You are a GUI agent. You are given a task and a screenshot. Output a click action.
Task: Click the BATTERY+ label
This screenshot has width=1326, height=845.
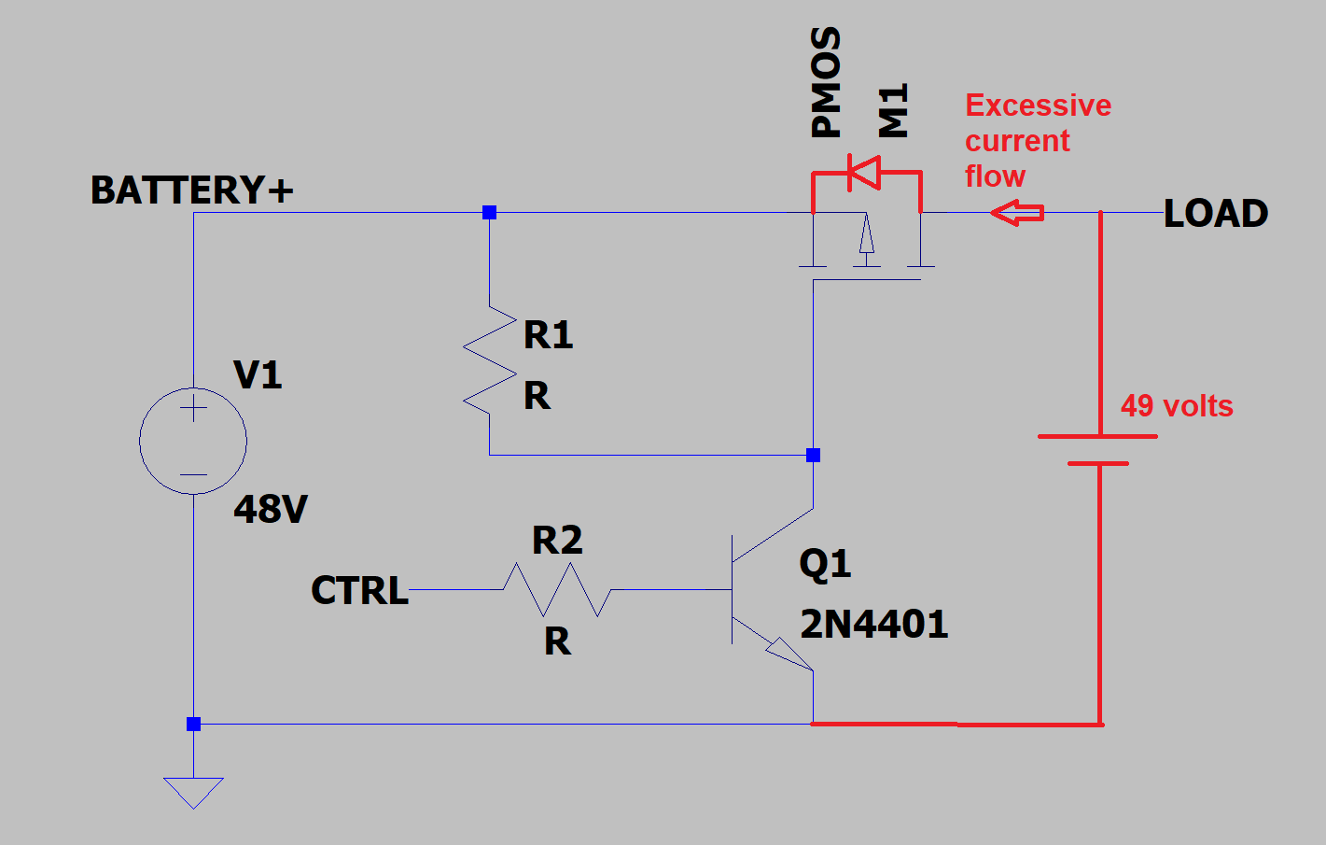pyautogui.click(x=191, y=190)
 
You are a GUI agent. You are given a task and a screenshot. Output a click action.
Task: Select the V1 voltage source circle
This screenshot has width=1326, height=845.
pyautogui.click(x=193, y=441)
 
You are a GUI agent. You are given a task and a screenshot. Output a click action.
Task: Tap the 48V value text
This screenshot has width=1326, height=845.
pyautogui.click(x=270, y=510)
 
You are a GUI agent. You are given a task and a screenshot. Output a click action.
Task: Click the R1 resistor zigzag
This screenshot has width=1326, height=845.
pyautogui.click(x=490, y=360)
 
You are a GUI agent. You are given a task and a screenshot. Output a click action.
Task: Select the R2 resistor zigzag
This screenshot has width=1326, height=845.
pyautogui.click(x=557, y=590)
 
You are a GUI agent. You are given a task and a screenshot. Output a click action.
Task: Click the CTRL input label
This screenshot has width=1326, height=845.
pyautogui.click(x=359, y=591)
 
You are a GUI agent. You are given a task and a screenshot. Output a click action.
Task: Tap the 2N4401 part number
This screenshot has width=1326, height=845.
pyautogui.click(x=873, y=625)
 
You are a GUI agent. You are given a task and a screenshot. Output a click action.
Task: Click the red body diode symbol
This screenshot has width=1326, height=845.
pyautogui.click(x=864, y=172)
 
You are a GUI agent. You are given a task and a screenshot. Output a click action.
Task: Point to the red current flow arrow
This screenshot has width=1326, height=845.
pyautogui.click(x=1017, y=213)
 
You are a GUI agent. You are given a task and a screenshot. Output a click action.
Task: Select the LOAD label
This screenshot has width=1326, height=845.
pyautogui.click(x=1216, y=214)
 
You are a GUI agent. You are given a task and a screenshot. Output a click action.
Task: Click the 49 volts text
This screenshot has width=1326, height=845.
pyautogui.click(x=1177, y=406)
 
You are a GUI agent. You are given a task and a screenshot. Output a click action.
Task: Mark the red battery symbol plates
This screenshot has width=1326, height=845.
pyautogui.click(x=1098, y=449)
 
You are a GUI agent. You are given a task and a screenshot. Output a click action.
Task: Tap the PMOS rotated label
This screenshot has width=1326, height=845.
pyautogui.click(x=827, y=82)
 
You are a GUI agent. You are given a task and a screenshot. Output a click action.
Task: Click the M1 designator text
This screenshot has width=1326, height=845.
pyautogui.click(x=893, y=111)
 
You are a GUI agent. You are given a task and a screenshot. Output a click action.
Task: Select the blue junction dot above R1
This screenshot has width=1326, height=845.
pyautogui.click(x=489, y=213)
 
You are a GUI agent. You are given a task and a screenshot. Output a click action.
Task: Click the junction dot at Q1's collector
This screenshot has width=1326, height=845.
pyautogui.click(x=813, y=456)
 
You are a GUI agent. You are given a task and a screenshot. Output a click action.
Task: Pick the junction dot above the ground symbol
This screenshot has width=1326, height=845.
pyautogui.click(x=193, y=724)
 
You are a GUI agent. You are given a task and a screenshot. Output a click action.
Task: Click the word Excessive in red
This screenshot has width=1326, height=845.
pyautogui.click(x=1038, y=106)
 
